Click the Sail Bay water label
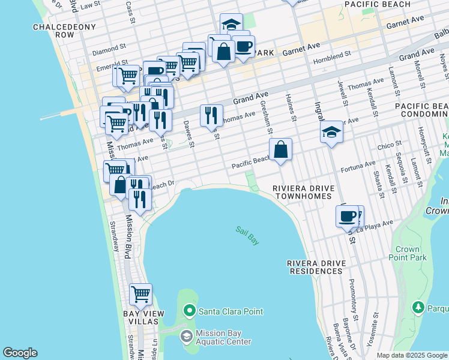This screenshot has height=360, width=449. [x=247, y=235]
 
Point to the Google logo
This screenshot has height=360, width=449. [x=20, y=353]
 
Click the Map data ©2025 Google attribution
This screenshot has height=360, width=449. [x=412, y=355]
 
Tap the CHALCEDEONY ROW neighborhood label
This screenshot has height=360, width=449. [x=53, y=31]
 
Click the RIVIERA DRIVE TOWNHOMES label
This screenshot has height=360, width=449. [x=302, y=192]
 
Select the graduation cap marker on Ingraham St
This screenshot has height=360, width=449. [x=331, y=133]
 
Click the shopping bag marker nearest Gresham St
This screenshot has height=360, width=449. [x=280, y=151]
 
